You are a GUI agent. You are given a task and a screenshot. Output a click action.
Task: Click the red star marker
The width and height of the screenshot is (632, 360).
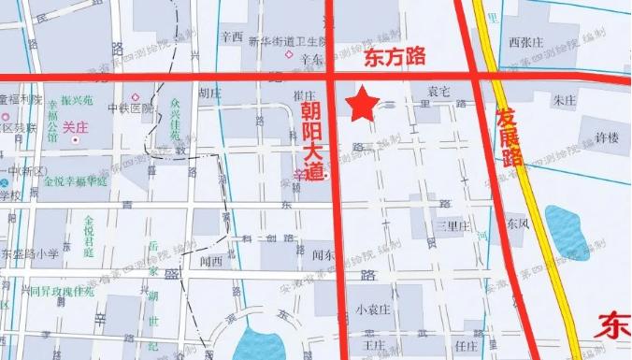pos(362,104)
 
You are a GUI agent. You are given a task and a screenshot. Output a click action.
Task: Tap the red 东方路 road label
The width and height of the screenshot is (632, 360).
pos(394,58)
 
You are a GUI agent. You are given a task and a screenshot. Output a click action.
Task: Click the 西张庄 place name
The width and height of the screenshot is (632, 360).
pos(525,42)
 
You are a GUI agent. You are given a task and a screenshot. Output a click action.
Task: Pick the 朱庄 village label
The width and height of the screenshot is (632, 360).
pos(565,99)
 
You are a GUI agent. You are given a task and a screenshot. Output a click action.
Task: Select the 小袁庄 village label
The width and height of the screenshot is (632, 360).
pos(372,310)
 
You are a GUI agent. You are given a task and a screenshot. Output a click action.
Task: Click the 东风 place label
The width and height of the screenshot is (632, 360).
pos(518,224)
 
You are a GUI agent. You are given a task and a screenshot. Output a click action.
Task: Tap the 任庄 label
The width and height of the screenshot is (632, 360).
pos(465,343)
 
